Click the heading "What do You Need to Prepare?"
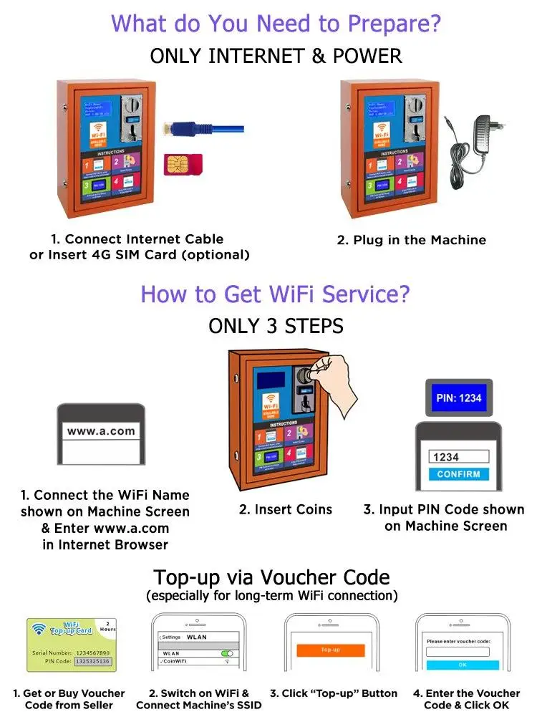[276, 24]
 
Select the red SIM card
[183, 163]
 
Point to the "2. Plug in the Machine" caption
[411, 240]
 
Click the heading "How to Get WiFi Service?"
[276, 294]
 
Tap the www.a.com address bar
[101, 431]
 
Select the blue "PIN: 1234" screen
[459, 398]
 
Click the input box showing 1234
[459, 456]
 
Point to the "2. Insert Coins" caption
[286, 509]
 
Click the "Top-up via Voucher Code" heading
[271, 577]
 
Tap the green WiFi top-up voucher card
[71, 645]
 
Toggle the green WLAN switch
[227, 653]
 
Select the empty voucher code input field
[458, 652]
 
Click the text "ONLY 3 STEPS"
[276, 326]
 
